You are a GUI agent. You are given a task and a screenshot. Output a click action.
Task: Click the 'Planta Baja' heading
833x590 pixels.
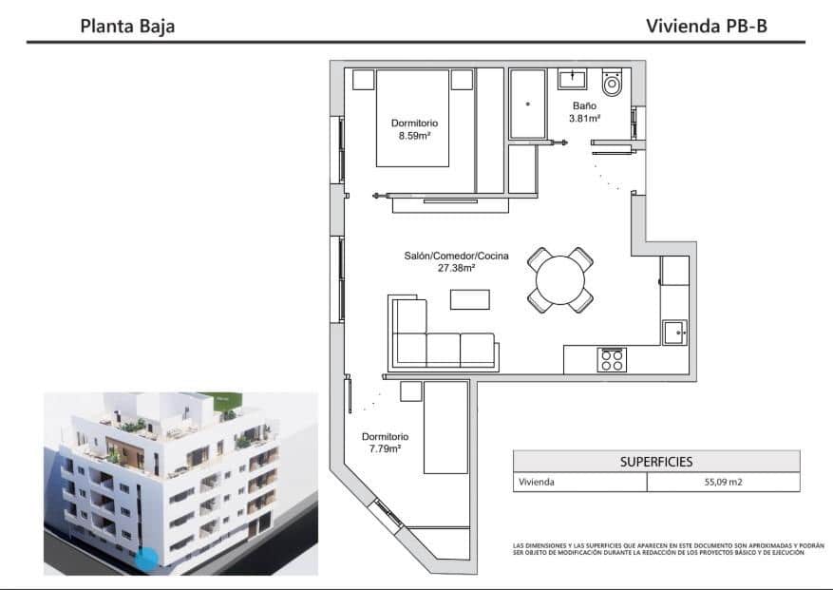click(x=127, y=26)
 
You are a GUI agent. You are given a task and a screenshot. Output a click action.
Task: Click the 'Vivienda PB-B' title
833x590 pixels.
click(x=706, y=26)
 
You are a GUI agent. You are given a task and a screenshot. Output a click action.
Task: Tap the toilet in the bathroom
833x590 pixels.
click(x=613, y=84)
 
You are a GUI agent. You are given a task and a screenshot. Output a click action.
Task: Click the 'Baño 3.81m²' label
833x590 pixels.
click(x=584, y=112)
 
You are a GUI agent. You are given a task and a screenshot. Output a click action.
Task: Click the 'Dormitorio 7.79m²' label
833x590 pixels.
click(x=381, y=442)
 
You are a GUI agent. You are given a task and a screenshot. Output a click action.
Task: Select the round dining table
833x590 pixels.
click(x=560, y=280)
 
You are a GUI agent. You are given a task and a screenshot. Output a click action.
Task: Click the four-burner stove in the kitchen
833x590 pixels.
click(x=611, y=360)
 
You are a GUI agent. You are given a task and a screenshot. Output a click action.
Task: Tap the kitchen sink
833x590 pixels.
click(x=675, y=332)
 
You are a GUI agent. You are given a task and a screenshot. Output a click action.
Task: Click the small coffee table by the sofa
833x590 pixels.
click(x=469, y=299)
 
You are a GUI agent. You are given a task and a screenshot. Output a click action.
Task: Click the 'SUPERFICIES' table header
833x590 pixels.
click(x=655, y=462)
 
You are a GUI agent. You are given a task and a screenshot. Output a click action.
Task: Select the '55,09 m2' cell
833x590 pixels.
click(x=723, y=482)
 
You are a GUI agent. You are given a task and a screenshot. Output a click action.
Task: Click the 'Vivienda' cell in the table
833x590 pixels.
click(x=536, y=482)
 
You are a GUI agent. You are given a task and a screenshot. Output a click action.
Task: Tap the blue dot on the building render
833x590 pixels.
click(x=145, y=560)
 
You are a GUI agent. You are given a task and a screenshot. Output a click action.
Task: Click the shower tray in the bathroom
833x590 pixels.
click(x=527, y=104)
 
